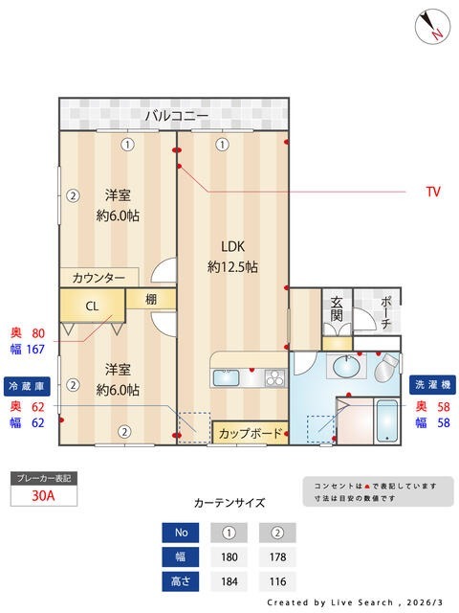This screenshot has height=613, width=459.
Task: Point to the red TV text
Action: [433, 192]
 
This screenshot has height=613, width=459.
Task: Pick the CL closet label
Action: [92, 306]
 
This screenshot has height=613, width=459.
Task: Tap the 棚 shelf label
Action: [151, 299]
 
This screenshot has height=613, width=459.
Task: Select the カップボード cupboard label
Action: [251, 434]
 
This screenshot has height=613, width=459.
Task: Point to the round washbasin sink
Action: [344, 367]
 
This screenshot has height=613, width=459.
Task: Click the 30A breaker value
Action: [42, 497]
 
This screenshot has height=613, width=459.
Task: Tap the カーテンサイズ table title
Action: [229, 502]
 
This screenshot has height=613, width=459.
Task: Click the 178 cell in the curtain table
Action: [277, 557]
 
